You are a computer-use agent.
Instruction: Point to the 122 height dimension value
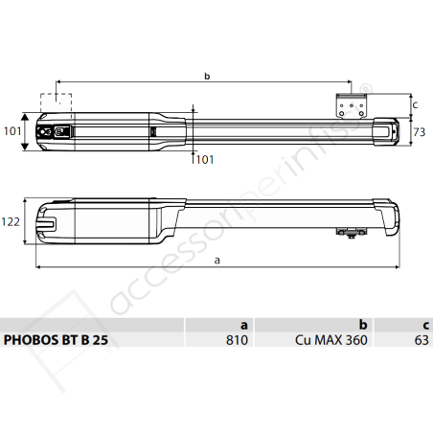[x=11, y=220]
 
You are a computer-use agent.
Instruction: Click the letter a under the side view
[x=216, y=259]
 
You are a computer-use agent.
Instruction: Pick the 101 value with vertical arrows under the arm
[x=205, y=159]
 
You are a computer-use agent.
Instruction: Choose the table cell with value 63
[x=419, y=339]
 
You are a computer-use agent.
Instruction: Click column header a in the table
[x=243, y=324]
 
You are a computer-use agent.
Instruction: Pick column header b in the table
[x=363, y=324]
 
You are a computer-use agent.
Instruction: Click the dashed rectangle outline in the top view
[x=56, y=102]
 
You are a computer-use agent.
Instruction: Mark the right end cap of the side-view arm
[x=389, y=216]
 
